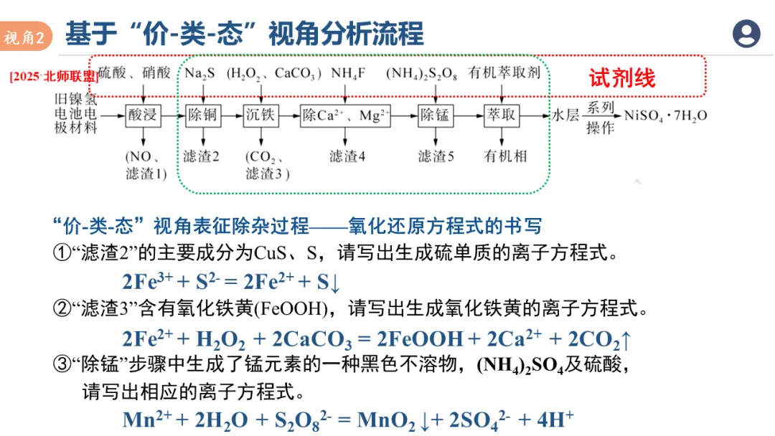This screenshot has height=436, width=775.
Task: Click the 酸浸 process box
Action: [144, 115]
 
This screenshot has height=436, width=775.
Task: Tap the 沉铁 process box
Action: [260, 115]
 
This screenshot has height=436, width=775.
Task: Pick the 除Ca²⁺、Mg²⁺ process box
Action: [346, 115]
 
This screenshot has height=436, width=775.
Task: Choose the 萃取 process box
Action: [502, 115]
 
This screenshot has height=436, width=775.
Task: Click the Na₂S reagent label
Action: [199, 73]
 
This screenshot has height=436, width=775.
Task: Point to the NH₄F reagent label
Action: [348, 73]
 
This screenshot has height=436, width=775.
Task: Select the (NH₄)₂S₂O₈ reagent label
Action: [422, 73]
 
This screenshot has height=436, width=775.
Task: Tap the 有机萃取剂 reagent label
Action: [504, 73]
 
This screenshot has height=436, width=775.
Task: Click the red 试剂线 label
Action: [622, 77]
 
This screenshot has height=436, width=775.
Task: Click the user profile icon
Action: [746, 34]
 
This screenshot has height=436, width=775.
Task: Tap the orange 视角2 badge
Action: [27, 37]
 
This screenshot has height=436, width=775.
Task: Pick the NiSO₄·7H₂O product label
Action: [665, 115]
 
